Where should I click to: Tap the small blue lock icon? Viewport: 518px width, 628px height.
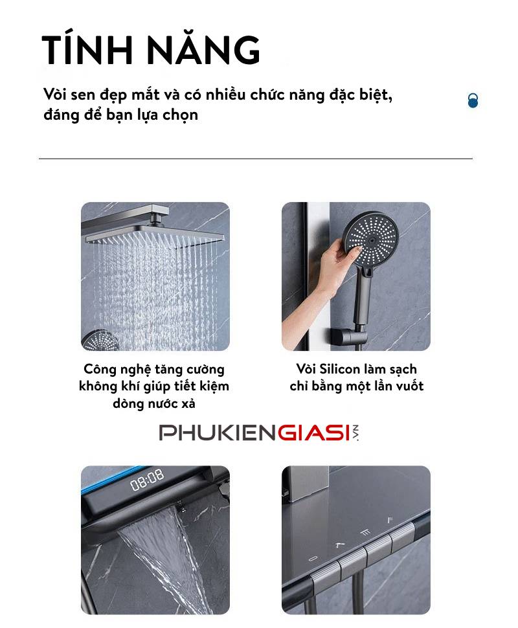(473, 100)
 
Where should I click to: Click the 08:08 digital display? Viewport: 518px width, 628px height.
(147, 479)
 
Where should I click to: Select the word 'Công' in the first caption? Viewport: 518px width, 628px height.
(98, 369)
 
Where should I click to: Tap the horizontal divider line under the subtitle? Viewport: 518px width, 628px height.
(256, 159)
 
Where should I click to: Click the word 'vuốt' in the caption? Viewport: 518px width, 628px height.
(409, 386)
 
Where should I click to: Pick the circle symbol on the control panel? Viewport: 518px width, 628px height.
(313, 558)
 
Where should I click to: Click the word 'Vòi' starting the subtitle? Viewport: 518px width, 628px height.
(54, 95)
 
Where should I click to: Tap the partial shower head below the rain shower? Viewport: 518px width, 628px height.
(100, 341)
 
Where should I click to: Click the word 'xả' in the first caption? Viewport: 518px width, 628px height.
(188, 403)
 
